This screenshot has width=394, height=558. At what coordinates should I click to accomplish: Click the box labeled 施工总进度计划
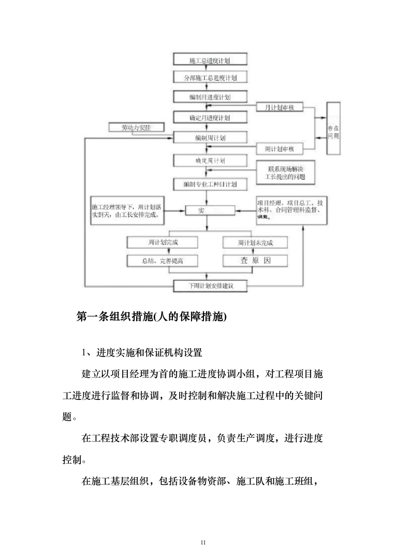210,61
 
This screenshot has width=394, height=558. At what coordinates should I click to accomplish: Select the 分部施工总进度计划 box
210,78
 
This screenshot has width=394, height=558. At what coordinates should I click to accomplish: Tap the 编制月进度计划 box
210,97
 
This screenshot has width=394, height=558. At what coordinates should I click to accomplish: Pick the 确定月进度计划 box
210,118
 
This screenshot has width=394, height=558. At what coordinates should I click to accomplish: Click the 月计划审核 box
279,107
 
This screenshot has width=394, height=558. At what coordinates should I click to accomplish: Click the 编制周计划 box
210,138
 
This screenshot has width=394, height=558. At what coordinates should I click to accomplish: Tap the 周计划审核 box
279,149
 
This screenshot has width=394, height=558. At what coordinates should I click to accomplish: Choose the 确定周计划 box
210,161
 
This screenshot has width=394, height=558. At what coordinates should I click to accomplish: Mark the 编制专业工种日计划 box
210,184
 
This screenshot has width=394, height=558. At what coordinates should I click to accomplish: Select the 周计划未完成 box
255,242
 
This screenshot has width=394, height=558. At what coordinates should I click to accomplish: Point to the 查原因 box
255,261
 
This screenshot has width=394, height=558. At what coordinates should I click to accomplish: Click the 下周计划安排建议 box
210,285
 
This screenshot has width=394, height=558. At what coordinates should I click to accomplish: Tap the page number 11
202,542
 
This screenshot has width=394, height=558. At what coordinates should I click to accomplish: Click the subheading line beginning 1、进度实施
142,353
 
